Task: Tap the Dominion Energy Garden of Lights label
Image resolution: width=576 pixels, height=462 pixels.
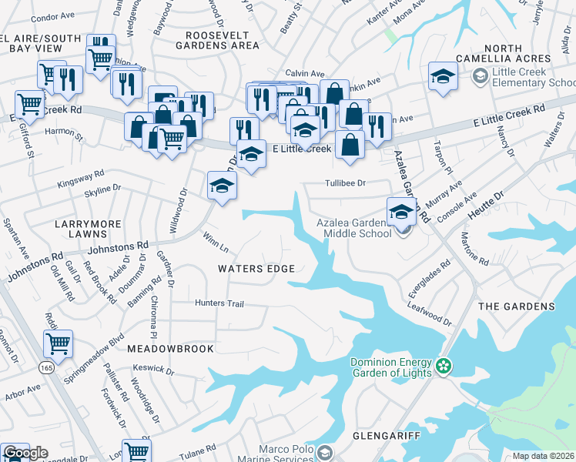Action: [x=390, y=368]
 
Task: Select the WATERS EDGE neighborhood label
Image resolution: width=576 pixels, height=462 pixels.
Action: [x=256, y=269]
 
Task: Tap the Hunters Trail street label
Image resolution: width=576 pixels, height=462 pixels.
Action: [x=219, y=303]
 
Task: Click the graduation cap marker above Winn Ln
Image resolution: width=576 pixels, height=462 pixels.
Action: [x=222, y=186]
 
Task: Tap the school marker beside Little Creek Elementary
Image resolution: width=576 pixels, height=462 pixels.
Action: [x=443, y=76]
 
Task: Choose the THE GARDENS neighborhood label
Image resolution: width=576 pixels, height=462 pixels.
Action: [x=516, y=306]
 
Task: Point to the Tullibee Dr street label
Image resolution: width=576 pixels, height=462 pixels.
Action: [x=344, y=183]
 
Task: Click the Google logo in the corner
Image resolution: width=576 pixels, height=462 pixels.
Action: [x=25, y=453]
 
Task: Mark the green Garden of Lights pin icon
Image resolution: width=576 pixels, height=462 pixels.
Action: [x=443, y=365]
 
